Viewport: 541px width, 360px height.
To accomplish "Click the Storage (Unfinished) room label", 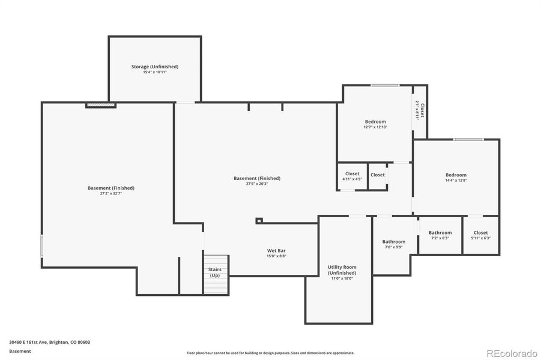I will (155, 67).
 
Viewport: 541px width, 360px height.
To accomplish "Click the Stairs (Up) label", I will (215, 272).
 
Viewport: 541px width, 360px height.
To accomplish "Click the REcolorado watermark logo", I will (512, 353).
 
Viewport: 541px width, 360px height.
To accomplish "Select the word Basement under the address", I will (20, 352).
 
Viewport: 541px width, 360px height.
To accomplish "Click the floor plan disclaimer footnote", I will (270, 353).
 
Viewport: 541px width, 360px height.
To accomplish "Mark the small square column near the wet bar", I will (259, 220).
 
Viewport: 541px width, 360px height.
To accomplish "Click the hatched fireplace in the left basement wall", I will (100, 105).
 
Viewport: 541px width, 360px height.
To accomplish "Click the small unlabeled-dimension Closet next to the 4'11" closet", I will (378, 175).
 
